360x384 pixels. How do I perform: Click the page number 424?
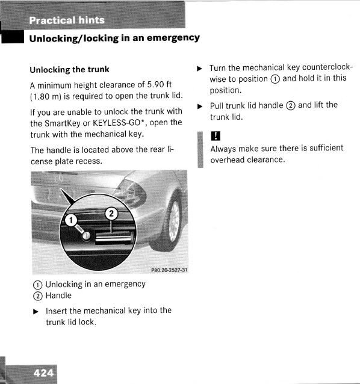43,373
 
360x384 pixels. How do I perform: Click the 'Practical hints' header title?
67,20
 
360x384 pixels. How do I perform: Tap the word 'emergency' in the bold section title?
173,38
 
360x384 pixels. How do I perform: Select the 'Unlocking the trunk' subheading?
70,70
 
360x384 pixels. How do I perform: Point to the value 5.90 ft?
159,84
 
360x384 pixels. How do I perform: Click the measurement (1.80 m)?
46,96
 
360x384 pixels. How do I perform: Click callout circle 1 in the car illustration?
71,220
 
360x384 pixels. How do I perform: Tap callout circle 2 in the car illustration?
111,214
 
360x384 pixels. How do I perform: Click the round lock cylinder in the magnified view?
86,235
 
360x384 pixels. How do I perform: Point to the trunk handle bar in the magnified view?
114,237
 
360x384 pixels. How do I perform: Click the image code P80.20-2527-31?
169,270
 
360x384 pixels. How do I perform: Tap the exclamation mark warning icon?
216,135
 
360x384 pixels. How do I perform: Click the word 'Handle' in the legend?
58,296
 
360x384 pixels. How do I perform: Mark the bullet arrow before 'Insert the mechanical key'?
36,312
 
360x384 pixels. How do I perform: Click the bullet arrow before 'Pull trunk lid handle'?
200,107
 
